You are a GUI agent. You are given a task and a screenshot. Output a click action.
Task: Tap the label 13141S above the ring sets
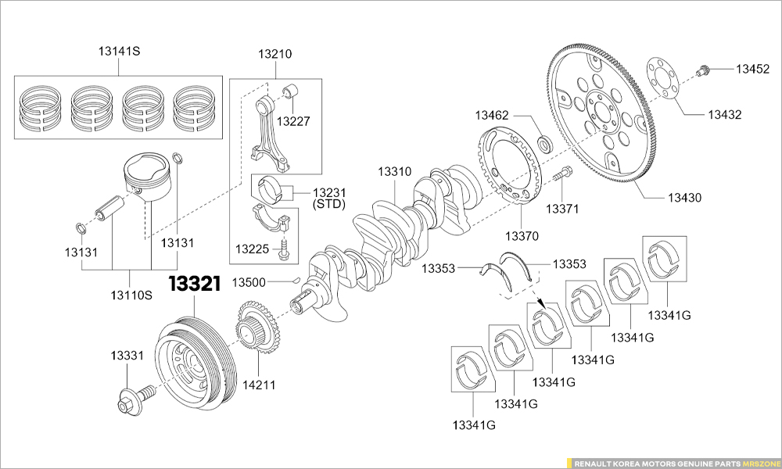(x=119, y=52)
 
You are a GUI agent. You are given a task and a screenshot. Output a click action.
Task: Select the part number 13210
(x=274, y=55)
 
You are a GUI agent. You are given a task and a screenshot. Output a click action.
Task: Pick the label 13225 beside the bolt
(x=253, y=249)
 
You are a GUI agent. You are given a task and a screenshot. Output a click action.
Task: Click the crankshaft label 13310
(x=394, y=171)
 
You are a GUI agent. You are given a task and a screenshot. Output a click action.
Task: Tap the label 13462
(x=492, y=116)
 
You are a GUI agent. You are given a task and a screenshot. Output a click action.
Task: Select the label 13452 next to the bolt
(x=752, y=69)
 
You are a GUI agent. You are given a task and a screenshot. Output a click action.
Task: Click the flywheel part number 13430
(x=684, y=198)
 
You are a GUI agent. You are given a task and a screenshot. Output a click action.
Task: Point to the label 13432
(x=725, y=115)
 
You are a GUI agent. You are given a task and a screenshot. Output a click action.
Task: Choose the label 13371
(x=561, y=209)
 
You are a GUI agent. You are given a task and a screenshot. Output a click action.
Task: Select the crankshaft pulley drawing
(x=192, y=358)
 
